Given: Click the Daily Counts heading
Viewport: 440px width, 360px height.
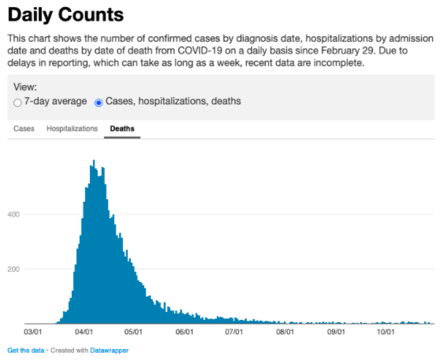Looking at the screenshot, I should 66,14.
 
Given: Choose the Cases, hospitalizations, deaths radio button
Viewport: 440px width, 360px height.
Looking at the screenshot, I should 99,102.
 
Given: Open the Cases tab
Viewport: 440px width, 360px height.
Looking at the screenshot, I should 24,128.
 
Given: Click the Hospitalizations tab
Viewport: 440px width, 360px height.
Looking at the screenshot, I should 72,128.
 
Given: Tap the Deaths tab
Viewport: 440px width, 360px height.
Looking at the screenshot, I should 122,128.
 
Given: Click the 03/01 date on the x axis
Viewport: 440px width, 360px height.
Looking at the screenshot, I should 34,332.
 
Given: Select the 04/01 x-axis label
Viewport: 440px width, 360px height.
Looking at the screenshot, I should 84,332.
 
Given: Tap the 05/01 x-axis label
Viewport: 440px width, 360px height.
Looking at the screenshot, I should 133,332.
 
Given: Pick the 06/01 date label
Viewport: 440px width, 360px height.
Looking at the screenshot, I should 184,332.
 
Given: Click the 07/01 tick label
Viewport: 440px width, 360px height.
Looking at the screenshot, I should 233,332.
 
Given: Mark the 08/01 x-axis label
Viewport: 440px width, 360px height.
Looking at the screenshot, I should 285,332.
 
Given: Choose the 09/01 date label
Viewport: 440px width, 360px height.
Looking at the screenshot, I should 336,332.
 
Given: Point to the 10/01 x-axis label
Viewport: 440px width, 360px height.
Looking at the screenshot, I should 385,332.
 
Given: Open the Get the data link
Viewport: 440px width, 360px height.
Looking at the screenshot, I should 24,350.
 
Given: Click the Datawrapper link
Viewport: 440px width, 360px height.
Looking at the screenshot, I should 109,350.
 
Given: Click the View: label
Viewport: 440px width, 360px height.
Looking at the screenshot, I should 25,88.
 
